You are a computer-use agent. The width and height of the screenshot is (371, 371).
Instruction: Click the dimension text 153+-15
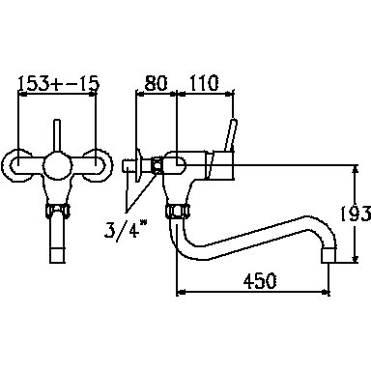coord(58,84)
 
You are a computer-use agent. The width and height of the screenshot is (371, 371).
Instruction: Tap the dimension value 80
coord(156,83)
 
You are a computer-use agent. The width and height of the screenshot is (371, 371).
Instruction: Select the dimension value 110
coord(204,83)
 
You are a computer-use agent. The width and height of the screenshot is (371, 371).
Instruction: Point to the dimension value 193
coord(356,214)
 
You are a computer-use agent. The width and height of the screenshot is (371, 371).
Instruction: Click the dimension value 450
coord(260,281)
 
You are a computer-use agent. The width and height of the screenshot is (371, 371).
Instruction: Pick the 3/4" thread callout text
coord(126,229)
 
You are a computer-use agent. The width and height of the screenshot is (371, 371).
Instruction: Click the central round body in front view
coord(57,165)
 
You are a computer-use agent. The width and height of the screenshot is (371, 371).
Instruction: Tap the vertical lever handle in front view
coord(57,136)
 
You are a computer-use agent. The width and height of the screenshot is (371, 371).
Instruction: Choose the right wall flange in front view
coord(98,166)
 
